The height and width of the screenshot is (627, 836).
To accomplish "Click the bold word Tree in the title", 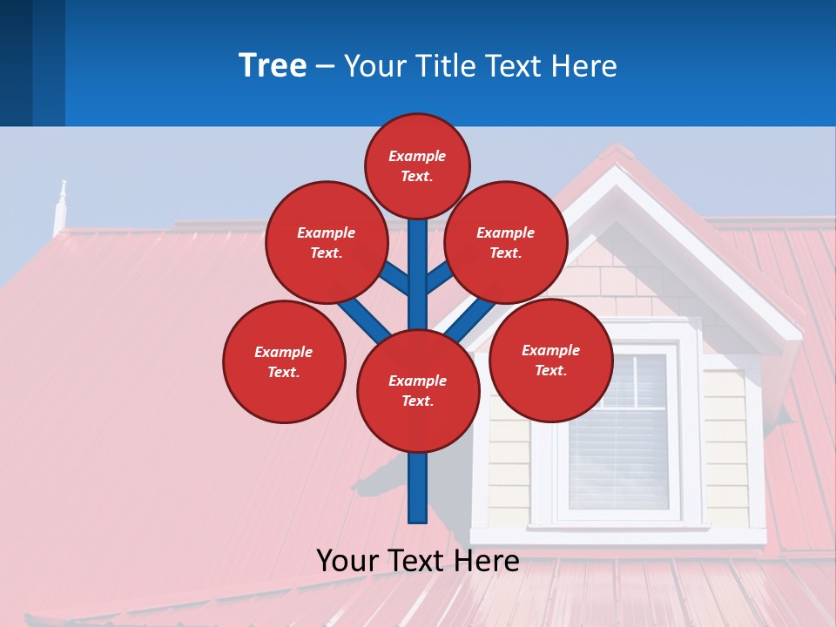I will [x=273, y=66].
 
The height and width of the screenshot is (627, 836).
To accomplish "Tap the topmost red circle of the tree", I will [x=417, y=165].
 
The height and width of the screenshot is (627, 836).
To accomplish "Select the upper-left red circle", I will [x=326, y=242].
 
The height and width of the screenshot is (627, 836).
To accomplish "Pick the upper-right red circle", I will [x=505, y=242].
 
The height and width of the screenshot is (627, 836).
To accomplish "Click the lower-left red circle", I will [x=284, y=361].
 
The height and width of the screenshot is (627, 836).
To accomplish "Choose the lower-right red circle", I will [x=550, y=360].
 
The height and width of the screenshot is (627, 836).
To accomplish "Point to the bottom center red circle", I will [x=418, y=390].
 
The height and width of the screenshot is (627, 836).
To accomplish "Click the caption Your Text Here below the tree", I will [x=417, y=561].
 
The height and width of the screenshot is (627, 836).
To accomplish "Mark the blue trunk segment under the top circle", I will [x=418, y=261].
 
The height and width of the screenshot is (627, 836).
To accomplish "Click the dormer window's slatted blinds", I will [x=618, y=435].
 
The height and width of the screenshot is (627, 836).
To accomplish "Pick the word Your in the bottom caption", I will [x=348, y=561].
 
